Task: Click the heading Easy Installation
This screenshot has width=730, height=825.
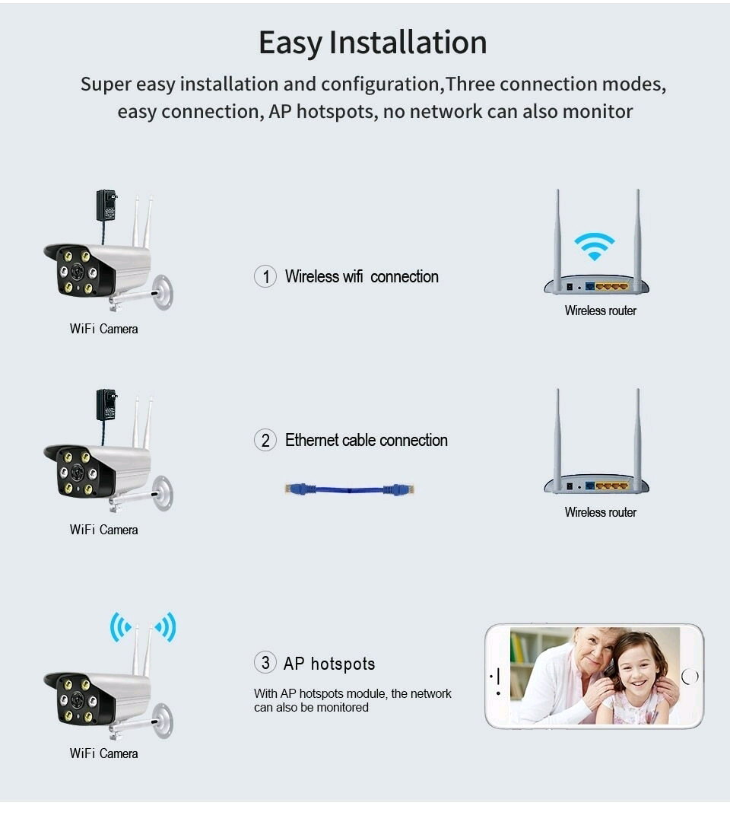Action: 373,43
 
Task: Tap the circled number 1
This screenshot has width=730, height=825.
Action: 265,276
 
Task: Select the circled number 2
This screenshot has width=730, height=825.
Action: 265,440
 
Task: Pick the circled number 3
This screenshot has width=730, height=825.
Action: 265,663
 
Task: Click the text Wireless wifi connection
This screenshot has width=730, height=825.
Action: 361,276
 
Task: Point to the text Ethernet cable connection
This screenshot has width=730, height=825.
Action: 366,440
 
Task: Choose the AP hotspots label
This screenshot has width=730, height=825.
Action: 329,664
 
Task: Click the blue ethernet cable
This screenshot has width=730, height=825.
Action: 350,489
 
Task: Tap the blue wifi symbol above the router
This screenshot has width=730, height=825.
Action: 595,246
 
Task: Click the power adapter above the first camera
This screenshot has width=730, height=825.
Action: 106,205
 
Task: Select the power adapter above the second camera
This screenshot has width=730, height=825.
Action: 106,405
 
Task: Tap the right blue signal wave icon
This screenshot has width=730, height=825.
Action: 165,627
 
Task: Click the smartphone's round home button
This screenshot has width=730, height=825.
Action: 690,676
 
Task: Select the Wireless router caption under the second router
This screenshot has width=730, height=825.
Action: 600,512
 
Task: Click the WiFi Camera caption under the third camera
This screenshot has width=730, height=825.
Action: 103,753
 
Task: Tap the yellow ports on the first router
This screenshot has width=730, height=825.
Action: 612,287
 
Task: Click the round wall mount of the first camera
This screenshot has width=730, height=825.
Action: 163,292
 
